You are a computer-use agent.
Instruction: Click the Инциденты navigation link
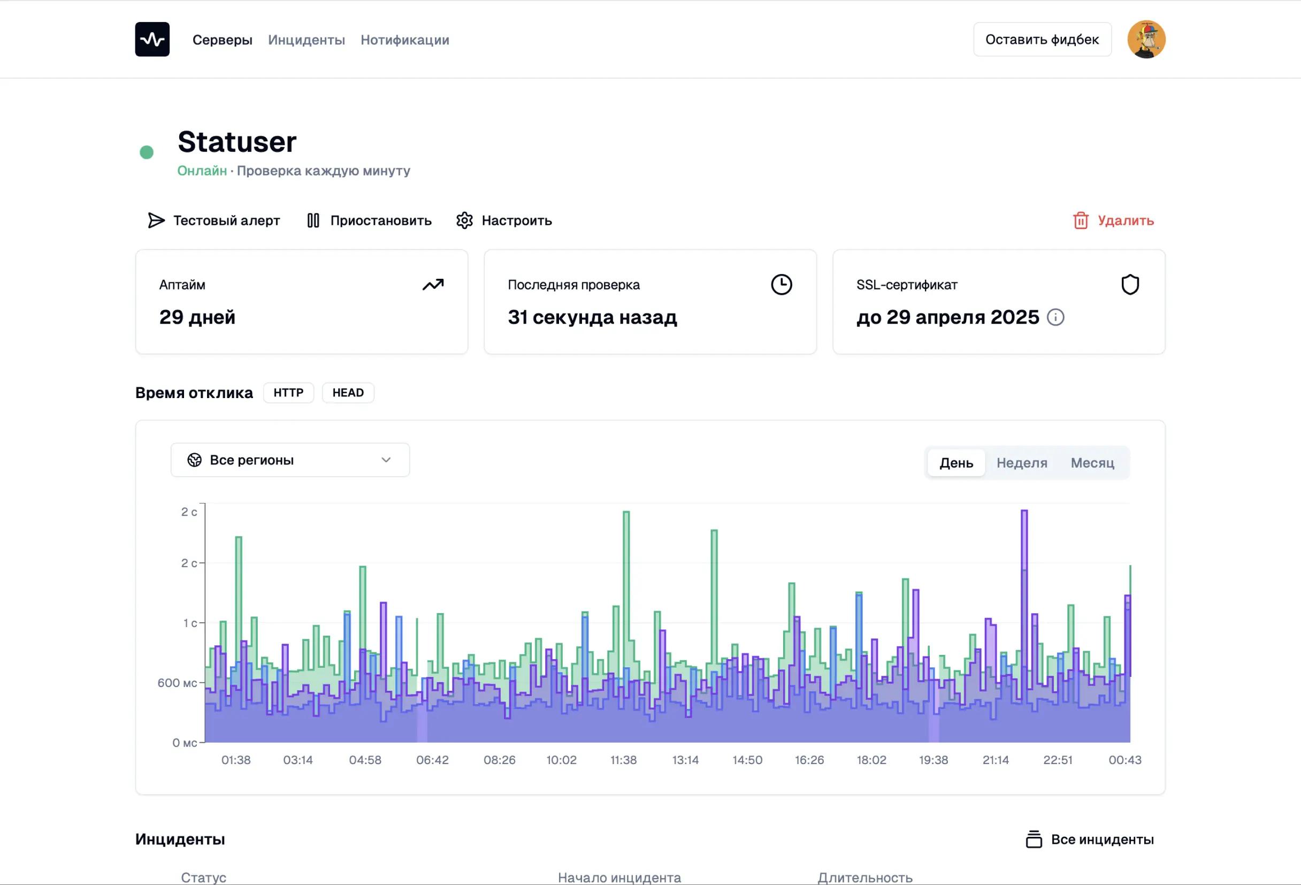pos(306,40)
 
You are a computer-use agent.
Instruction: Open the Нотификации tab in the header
pos(405,40)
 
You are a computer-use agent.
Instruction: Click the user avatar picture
pos(1146,39)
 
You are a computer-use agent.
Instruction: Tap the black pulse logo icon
pos(152,39)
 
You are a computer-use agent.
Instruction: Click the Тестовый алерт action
pos(214,220)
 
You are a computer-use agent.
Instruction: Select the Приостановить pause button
pos(370,220)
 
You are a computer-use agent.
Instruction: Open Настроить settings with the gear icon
pos(504,220)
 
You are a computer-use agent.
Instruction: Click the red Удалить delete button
pos(1113,220)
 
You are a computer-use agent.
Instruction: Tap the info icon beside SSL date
pos(1055,317)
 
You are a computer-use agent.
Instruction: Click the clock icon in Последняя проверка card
pos(782,284)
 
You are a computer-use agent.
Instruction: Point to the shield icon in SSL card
pos(1130,284)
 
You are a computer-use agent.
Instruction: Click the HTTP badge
pos(288,392)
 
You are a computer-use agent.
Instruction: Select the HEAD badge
pos(348,392)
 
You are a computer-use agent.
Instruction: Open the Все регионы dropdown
pos(290,460)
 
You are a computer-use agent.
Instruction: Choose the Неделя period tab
pos(1022,463)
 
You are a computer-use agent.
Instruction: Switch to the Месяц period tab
pos(1092,463)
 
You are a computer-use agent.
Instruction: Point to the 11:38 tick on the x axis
pos(623,760)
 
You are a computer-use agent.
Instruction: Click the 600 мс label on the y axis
pos(177,683)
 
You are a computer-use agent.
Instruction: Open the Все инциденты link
pos(1090,840)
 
